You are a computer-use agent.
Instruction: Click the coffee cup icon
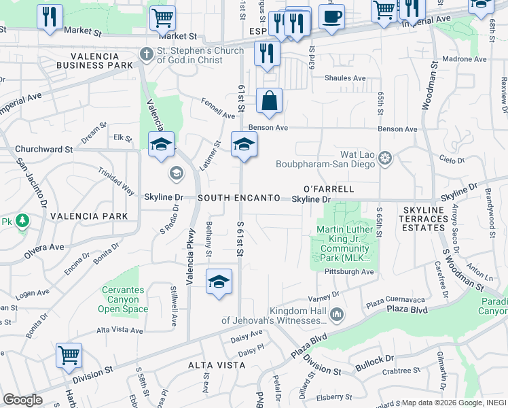pyautogui.click(x=331, y=16)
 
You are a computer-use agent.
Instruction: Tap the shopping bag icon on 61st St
pyautogui.click(x=270, y=101)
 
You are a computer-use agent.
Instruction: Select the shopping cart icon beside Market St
pyautogui.click(x=162, y=17)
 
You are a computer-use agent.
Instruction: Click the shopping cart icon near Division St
pyautogui.click(x=69, y=355)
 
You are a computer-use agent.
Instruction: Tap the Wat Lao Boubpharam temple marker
pyautogui.click(x=386, y=158)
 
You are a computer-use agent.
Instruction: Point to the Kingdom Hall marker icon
pyautogui.click(x=338, y=313)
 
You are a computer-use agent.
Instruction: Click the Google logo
pyautogui.click(x=22, y=400)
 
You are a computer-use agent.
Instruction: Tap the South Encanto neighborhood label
pyautogui.click(x=239, y=198)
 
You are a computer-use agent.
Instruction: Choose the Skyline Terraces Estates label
pyautogui.click(x=424, y=219)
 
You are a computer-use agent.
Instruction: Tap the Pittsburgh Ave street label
pyautogui.click(x=350, y=271)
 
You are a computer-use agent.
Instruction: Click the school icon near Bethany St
pyautogui.click(x=219, y=282)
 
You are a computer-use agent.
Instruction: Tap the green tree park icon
pyautogui.click(x=22, y=221)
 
